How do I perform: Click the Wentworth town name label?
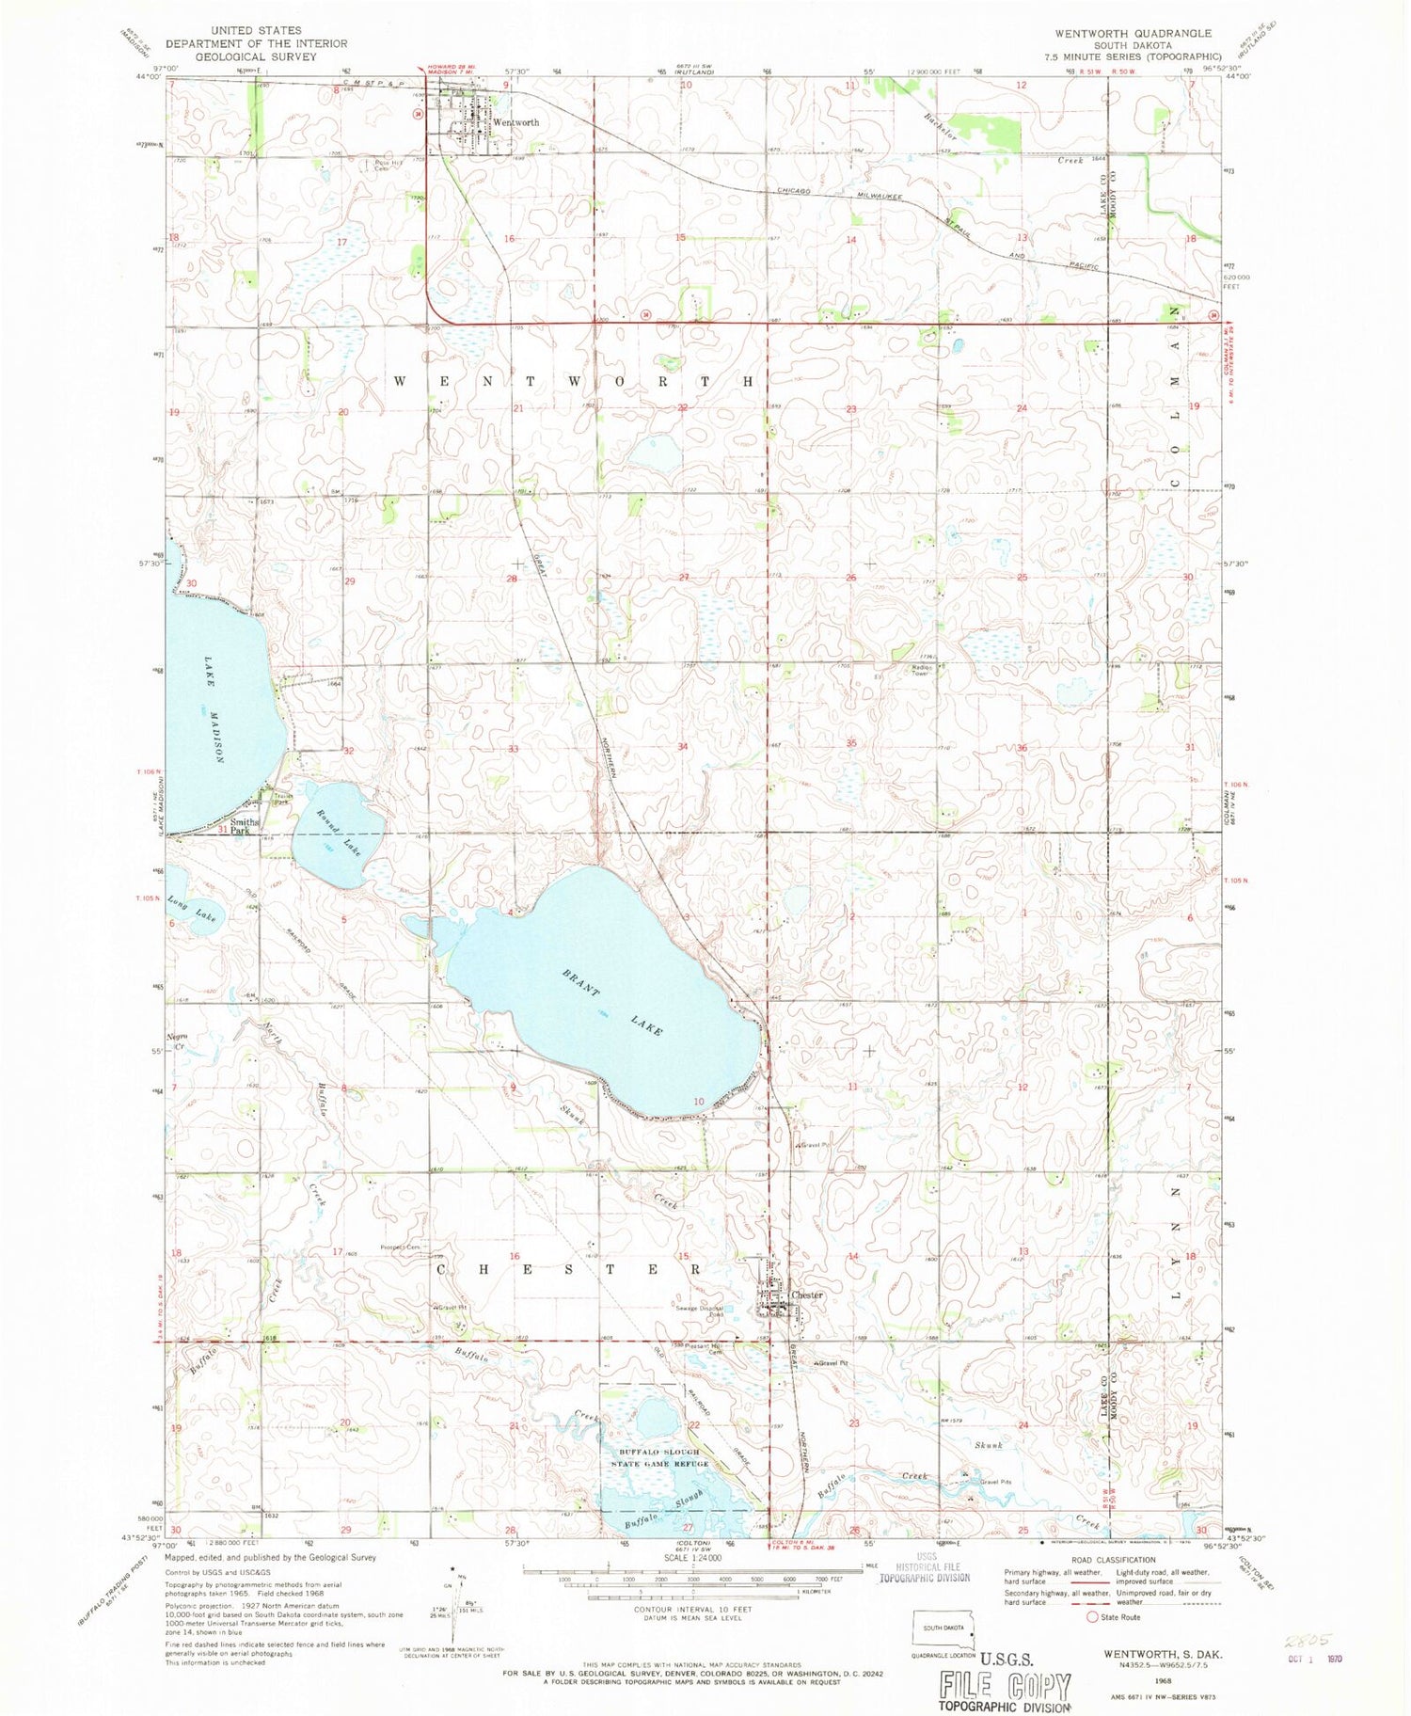click(x=516, y=123)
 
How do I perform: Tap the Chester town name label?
click(x=807, y=1295)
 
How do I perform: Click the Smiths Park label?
click(x=245, y=827)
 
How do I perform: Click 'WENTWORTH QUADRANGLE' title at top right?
click(x=1133, y=33)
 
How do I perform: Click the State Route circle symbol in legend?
click(x=1092, y=1617)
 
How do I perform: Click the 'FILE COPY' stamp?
click(x=1004, y=1684)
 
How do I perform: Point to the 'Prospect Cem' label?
click(x=400, y=1247)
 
